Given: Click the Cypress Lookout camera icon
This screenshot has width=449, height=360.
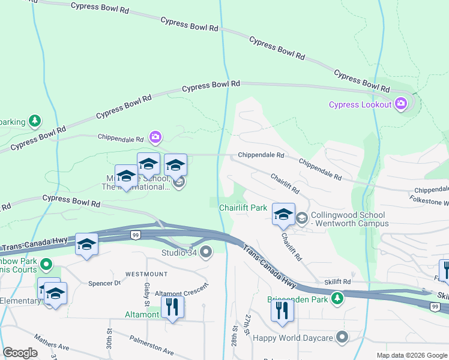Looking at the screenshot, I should [x=401, y=104].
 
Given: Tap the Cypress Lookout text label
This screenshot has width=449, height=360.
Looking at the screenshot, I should [x=360, y=105].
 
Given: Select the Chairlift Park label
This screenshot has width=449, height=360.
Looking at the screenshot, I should [x=243, y=208].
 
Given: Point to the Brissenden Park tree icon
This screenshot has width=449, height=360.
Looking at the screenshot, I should [x=338, y=298].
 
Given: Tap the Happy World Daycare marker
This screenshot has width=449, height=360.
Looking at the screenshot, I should [x=342, y=337].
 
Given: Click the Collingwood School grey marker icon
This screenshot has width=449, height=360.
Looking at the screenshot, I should [x=301, y=219].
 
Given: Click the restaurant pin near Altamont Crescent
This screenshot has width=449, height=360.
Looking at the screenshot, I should [x=173, y=307].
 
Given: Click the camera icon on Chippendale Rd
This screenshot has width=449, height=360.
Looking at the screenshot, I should [x=155, y=137].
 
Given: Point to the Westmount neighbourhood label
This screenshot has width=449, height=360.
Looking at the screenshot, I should [x=146, y=274].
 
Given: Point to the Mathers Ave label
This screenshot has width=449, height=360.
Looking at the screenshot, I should [x=52, y=343].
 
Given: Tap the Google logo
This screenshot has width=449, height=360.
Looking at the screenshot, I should [x=20, y=352].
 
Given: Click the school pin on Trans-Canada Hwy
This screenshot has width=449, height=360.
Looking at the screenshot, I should [x=87, y=244].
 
